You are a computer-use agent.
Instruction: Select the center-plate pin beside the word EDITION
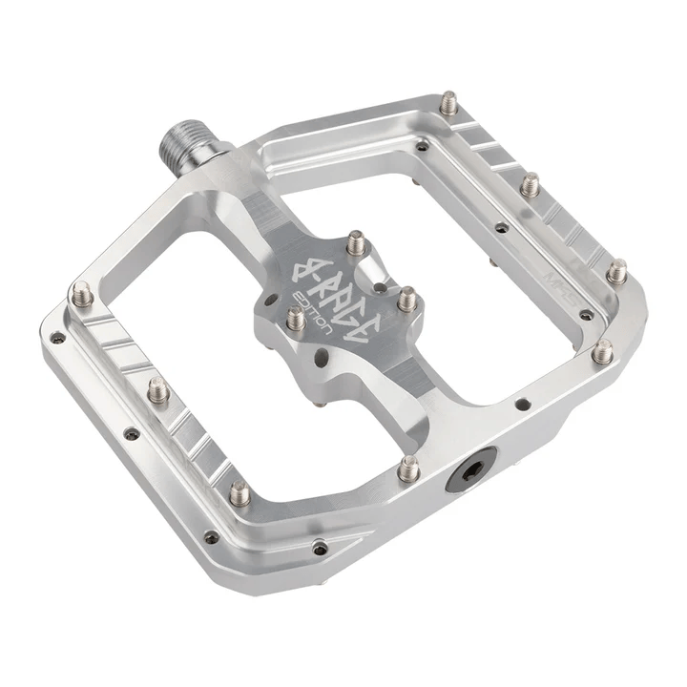click(296, 319)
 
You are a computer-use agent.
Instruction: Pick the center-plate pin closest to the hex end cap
click(406, 300)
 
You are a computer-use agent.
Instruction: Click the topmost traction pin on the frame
click(448, 102)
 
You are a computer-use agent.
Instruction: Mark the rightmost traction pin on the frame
click(617, 271)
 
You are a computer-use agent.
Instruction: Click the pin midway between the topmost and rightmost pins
click(531, 184)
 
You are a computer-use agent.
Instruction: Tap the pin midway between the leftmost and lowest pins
click(158, 389)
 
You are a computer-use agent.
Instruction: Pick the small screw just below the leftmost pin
click(58, 337)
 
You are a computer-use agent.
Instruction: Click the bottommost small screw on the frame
click(320, 548)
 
